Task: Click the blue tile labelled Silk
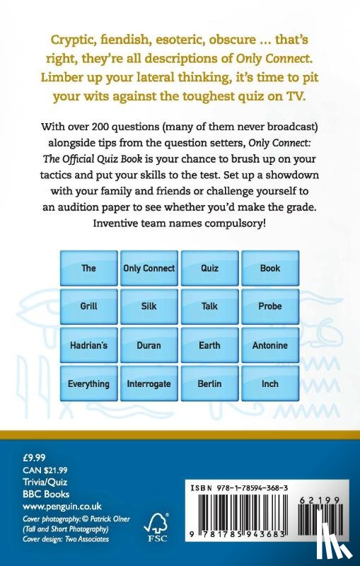(149, 307)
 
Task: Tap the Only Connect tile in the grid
(149, 268)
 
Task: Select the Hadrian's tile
(88, 346)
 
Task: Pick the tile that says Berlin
(209, 384)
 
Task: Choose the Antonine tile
(270, 346)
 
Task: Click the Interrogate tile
(149, 384)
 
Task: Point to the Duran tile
(149, 346)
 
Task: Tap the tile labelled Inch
(270, 384)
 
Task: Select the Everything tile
(88, 384)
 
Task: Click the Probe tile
(270, 307)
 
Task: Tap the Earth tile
(209, 346)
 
